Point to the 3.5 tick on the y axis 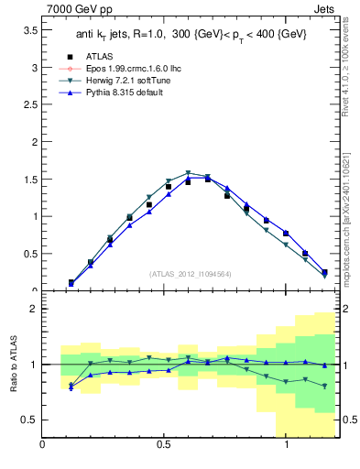coord(30,30)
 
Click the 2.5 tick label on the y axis coord(30,105)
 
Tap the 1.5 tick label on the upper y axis coord(30,180)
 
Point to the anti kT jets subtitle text coord(191,35)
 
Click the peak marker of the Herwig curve coord(188,172)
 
